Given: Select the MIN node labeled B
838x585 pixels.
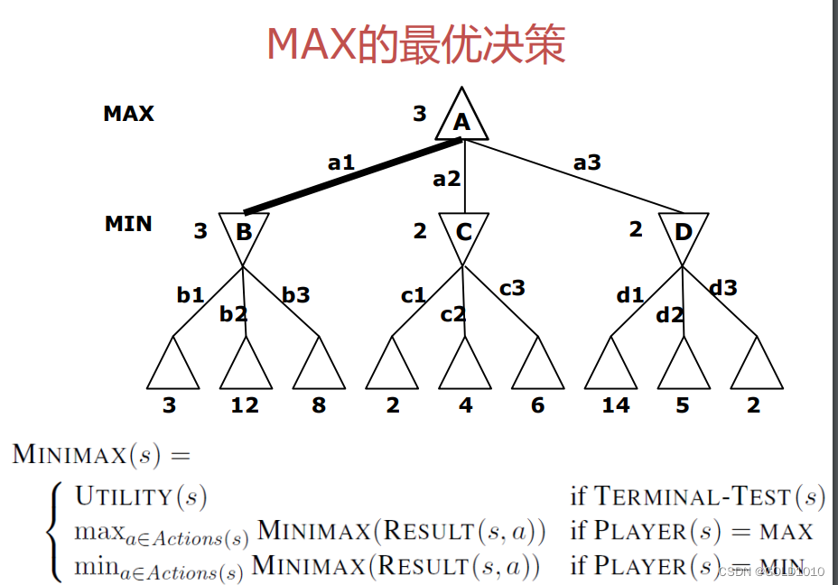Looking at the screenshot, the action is click(x=243, y=232).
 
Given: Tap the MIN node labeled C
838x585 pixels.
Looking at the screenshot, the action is click(x=463, y=232).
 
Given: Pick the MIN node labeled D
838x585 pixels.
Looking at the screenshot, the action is click(x=683, y=232).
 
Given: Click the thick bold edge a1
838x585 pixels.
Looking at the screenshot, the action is click(x=352, y=177).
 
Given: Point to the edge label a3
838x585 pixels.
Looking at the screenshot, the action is click(x=587, y=163).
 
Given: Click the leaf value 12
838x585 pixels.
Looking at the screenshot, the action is click(x=245, y=405).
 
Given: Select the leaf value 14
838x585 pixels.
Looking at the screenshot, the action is click(x=616, y=405).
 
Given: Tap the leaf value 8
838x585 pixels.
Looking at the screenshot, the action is click(x=319, y=405).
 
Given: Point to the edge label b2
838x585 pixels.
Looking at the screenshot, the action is click(x=233, y=314).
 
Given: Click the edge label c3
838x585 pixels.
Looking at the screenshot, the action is click(x=512, y=288).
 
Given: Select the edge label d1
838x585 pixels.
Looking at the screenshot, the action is click(x=629, y=295).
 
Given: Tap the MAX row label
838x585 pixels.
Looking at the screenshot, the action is click(x=128, y=114).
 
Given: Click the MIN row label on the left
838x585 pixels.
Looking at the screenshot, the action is click(x=128, y=224).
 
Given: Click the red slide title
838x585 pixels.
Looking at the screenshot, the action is click(x=416, y=43).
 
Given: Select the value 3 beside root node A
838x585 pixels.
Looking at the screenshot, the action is click(x=419, y=115).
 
